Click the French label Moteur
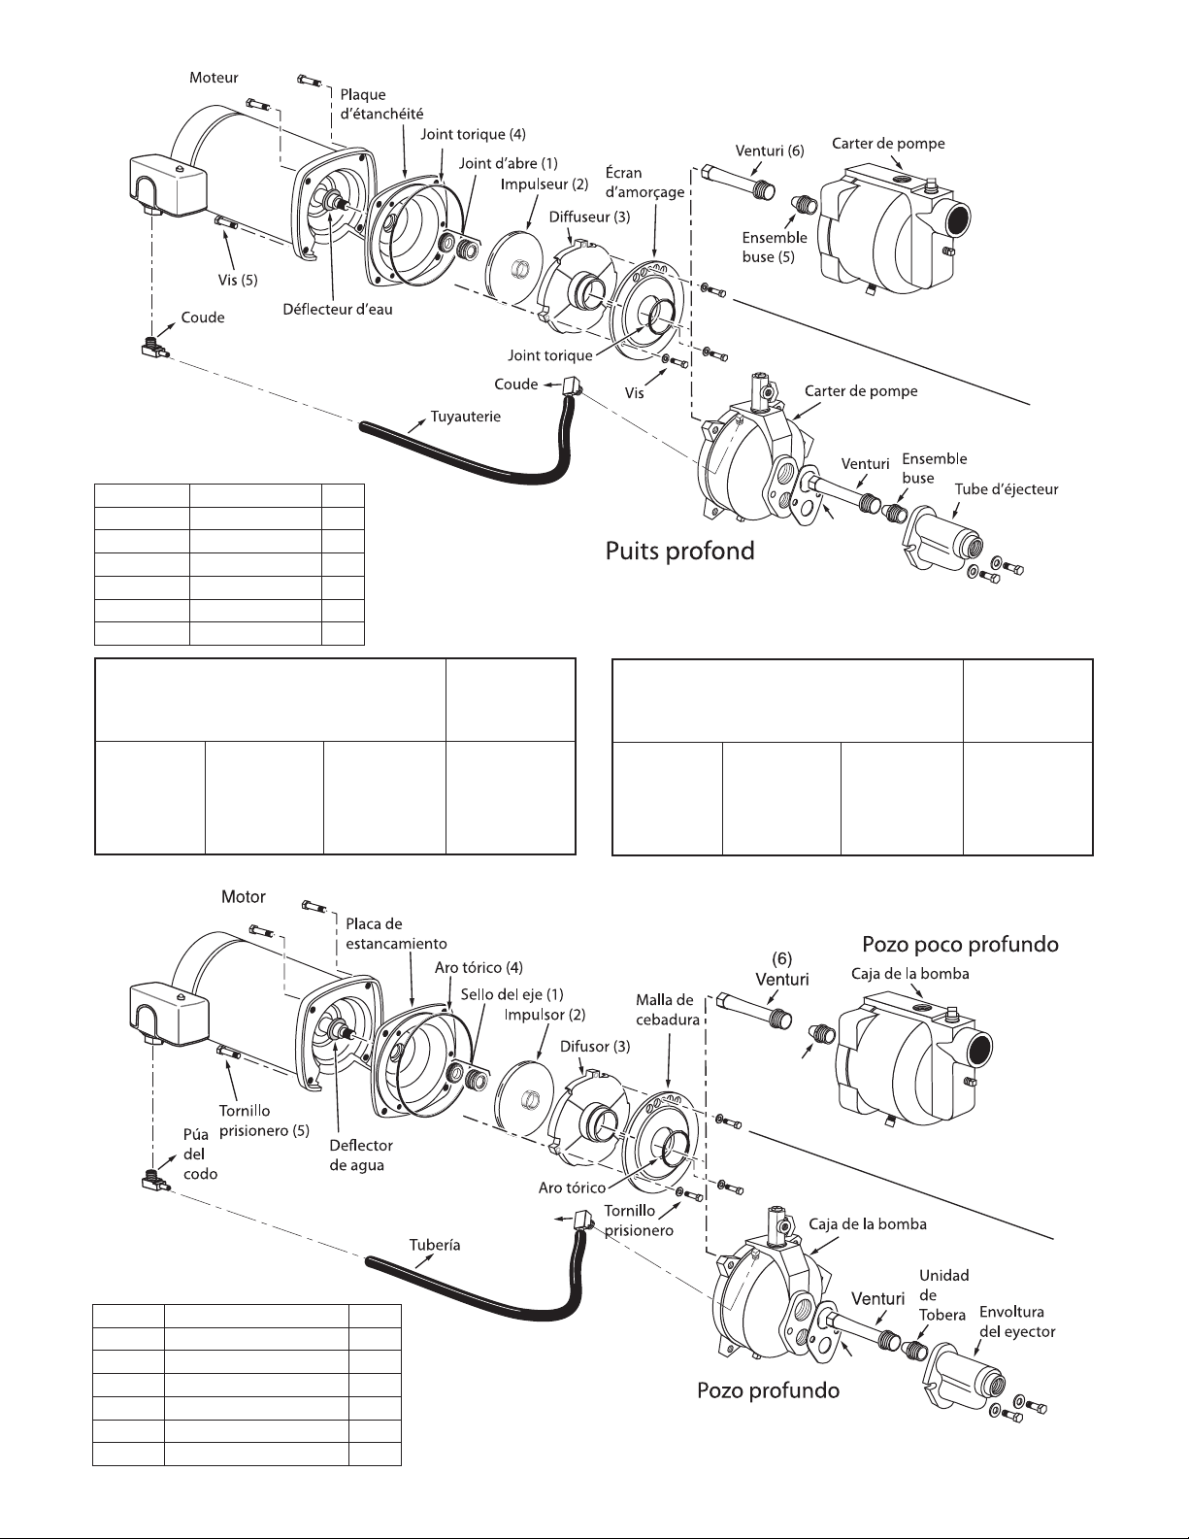(x=213, y=78)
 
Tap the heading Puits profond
(x=679, y=551)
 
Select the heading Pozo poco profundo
(x=960, y=945)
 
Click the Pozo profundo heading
(x=768, y=1390)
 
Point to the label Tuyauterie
(x=466, y=417)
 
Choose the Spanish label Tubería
(x=435, y=1245)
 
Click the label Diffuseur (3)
(x=589, y=217)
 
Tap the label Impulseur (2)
(x=545, y=184)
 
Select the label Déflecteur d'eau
(x=338, y=310)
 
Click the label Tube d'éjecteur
(x=1007, y=489)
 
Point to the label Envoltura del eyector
(x=1017, y=1322)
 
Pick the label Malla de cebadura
(x=668, y=1009)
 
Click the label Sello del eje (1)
(x=512, y=994)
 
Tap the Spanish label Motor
(x=244, y=896)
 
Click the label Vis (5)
(x=238, y=280)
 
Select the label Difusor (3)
(x=594, y=1046)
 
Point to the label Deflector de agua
(x=361, y=1155)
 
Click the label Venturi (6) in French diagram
(x=770, y=151)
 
